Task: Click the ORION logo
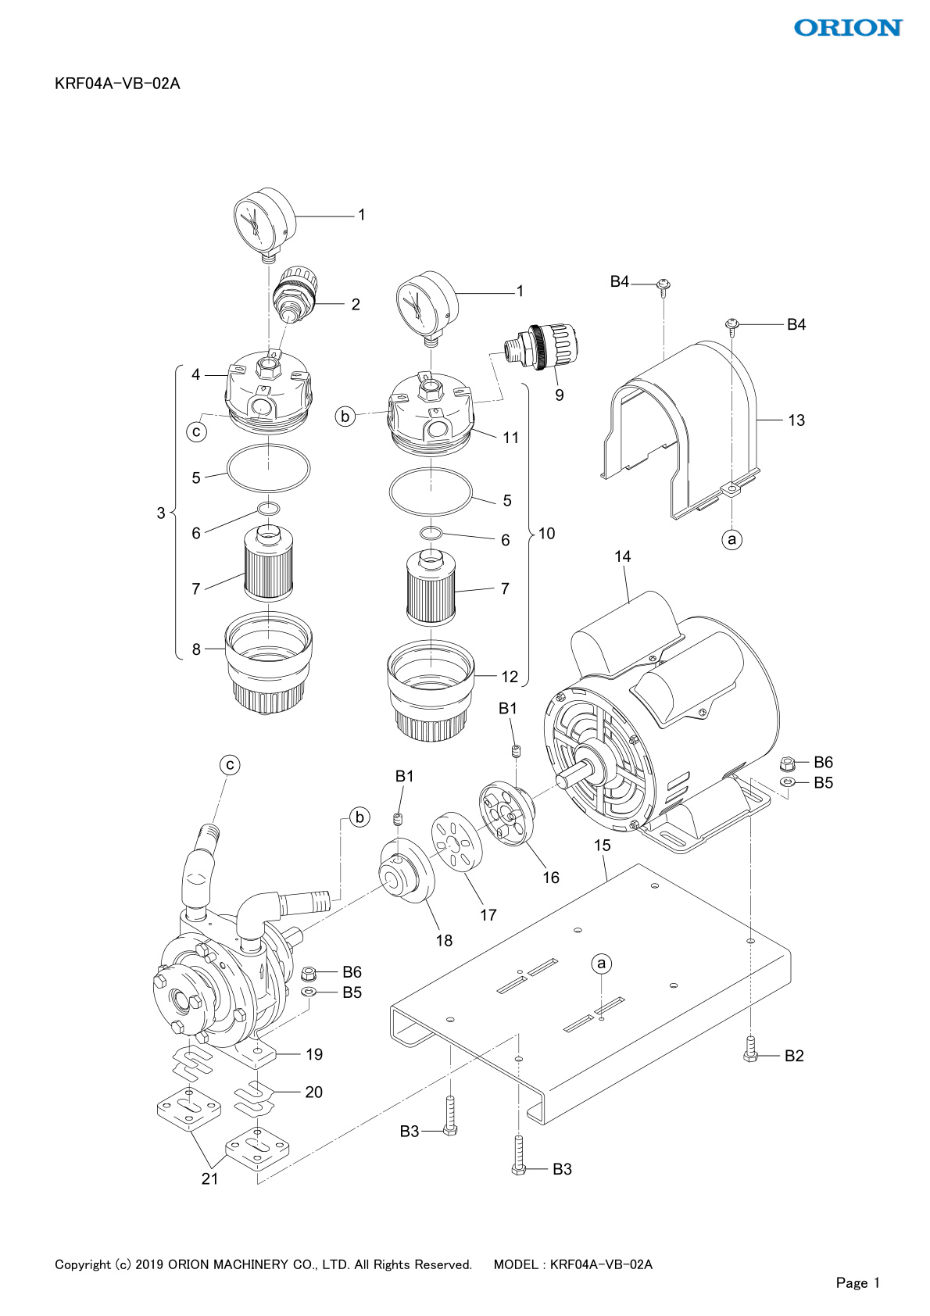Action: click(848, 27)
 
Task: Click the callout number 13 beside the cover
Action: click(796, 420)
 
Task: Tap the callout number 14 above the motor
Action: click(623, 556)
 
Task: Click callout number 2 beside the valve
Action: click(356, 304)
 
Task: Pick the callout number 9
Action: click(560, 395)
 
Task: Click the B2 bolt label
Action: click(794, 1056)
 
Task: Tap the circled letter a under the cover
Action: click(731, 538)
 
